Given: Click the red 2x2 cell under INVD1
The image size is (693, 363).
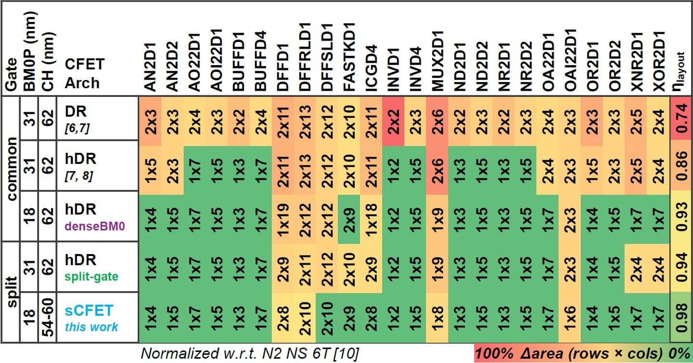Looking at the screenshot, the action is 393,121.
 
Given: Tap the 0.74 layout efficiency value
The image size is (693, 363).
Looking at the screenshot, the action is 681,118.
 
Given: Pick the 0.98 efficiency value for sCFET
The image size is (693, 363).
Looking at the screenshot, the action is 681,318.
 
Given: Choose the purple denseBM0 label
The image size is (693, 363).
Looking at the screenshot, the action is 94,227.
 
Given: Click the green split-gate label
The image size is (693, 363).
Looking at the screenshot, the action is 92,276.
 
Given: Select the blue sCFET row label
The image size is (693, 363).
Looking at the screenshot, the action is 89,310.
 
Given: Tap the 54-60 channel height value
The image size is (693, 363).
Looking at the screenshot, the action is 48,318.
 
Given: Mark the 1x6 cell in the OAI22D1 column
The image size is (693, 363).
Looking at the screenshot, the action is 570,318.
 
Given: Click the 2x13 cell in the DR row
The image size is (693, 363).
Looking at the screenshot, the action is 306,121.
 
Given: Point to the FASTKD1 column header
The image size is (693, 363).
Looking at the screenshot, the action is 349,57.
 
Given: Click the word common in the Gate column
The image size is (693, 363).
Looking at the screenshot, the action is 12,169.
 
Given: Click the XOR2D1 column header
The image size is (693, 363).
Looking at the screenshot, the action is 658,61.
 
